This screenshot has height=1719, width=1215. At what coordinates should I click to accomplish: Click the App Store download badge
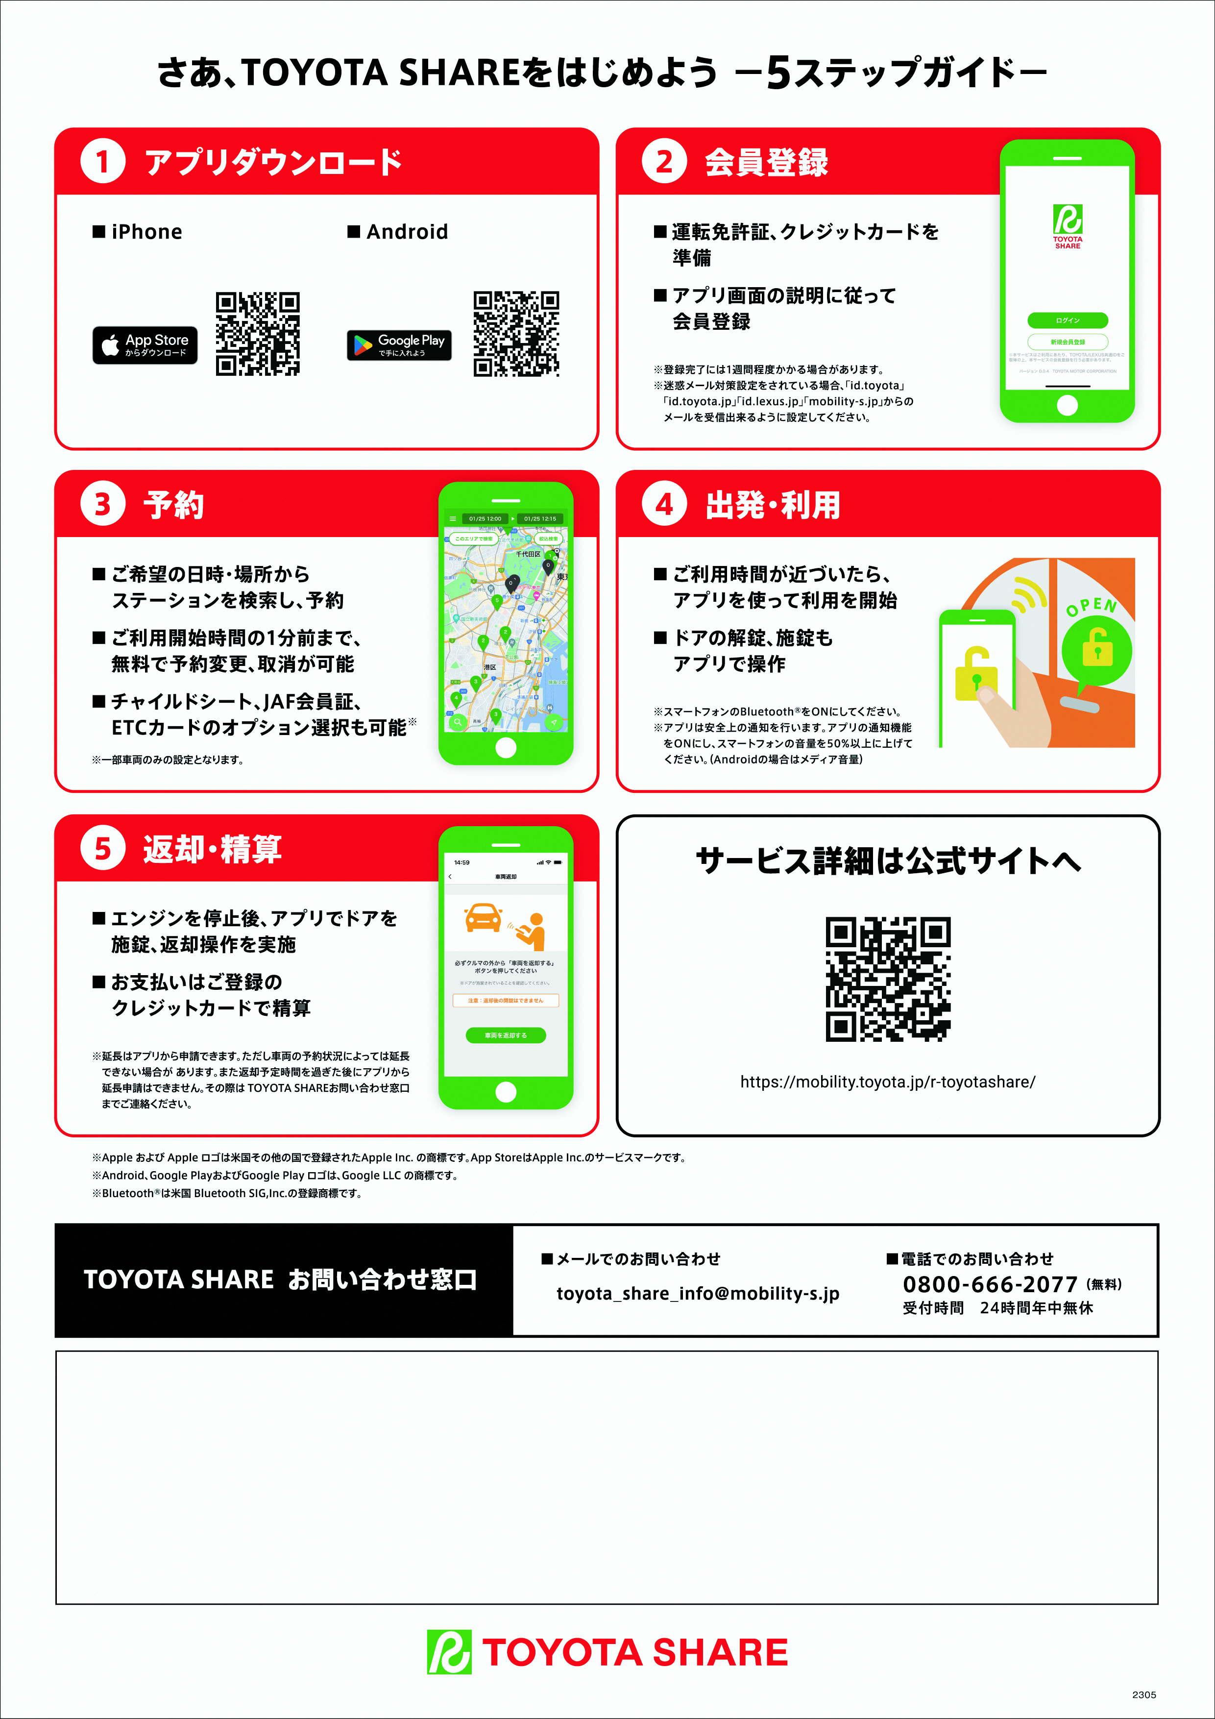coord(145,345)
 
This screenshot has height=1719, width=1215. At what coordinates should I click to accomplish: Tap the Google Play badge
coord(399,345)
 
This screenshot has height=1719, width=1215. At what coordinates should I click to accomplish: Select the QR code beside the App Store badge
coord(258,333)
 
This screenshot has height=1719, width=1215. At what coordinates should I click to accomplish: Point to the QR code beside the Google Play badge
coord(516,333)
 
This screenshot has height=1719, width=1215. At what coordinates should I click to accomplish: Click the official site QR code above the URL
coord(888,979)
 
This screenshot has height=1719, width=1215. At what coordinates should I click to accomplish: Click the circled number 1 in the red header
coord(102,162)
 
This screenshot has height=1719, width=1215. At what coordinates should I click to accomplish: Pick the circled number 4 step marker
coord(664,505)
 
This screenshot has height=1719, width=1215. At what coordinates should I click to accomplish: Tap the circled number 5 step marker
coord(102,849)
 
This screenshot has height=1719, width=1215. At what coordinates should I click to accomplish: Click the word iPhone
coord(146,232)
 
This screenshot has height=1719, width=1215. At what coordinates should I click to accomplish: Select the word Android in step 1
coord(407,232)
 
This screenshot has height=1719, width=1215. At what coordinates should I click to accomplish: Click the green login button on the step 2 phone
coord(1068,320)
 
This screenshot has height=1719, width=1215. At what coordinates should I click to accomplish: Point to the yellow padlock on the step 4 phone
coord(976,674)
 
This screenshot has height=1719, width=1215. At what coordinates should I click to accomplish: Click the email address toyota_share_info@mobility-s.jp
coord(698,1294)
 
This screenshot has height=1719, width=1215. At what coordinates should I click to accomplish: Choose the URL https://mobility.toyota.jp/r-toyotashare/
coord(888,1082)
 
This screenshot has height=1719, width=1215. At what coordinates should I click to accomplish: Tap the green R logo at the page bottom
coord(449,1651)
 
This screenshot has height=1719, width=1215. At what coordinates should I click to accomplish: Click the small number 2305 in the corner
coord(1144,1694)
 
